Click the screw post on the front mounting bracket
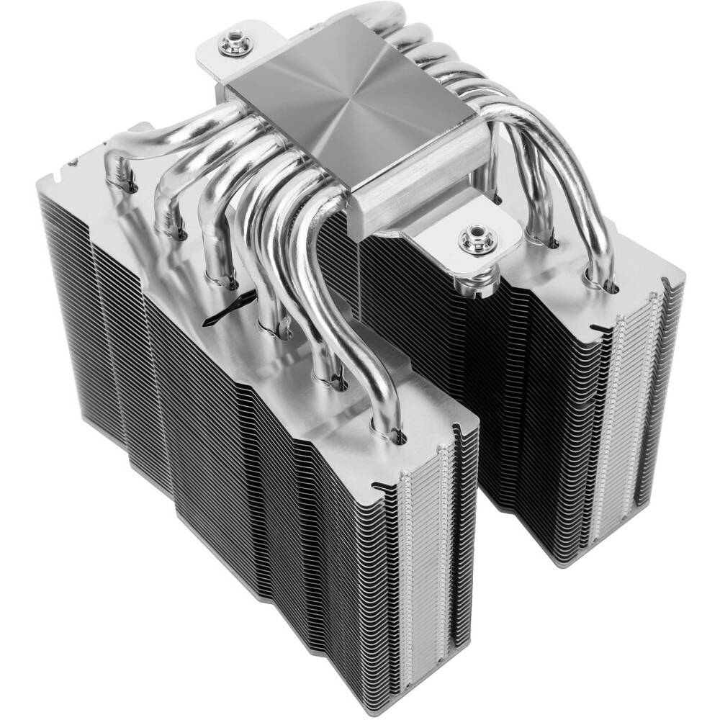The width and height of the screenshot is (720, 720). coord(477,240)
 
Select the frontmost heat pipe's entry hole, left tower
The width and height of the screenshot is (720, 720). coord(396,434)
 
